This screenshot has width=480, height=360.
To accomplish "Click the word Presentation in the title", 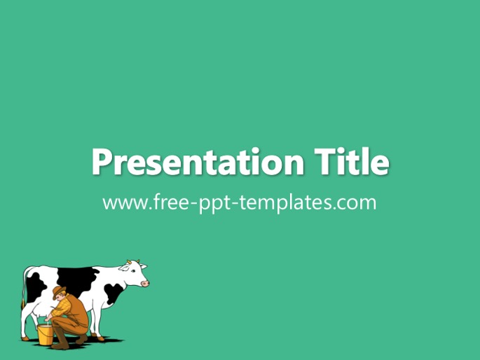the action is (198, 162).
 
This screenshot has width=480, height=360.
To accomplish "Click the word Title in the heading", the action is (352, 161).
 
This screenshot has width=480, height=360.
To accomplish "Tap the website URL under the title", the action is (240, 202).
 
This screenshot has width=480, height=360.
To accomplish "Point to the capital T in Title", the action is (326, 161).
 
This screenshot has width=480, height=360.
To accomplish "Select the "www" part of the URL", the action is (125, 203).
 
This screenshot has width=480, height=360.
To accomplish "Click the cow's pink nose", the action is (146, 284).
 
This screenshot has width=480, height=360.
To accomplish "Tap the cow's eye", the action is (133, 271).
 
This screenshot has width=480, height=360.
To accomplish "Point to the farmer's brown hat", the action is (59, 292).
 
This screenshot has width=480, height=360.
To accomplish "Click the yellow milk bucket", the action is (46, 335).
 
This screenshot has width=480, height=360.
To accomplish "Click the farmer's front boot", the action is (61, 339).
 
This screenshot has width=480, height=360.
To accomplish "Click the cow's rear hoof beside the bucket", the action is (25, 338).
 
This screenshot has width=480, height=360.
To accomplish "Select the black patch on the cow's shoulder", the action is (114, 293).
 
